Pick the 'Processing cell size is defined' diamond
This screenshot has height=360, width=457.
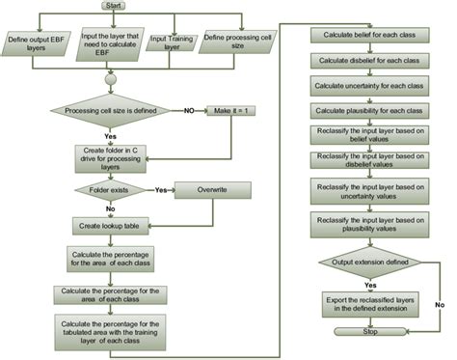pyautogui.click(x=114, y=110)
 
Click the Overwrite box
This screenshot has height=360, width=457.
pyautogui.click(x=211, y=191)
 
